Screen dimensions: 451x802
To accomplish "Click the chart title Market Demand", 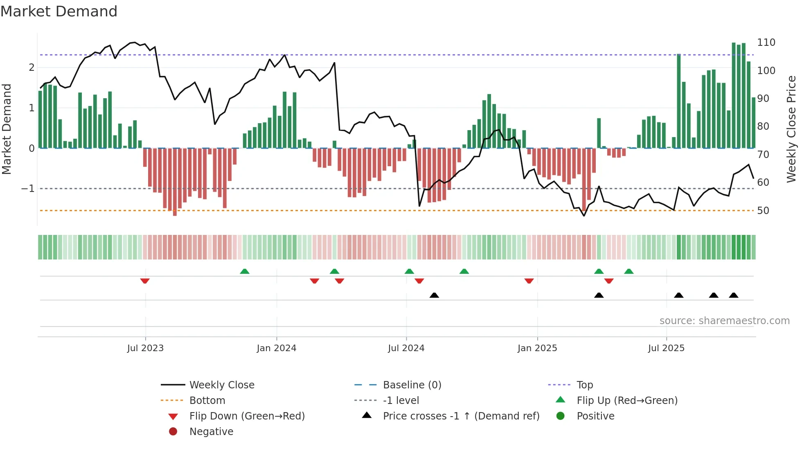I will point(59,11).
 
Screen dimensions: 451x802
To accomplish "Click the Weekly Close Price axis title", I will point(791,129).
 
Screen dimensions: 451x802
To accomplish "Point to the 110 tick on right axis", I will point(766,43).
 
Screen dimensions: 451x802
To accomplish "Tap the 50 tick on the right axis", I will point(763,211).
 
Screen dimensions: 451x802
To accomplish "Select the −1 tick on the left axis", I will point(28,189).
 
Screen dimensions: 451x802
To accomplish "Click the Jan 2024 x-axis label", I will point(276,348).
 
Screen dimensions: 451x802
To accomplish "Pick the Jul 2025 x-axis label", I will point(666,348).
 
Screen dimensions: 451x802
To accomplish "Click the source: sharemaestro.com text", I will point(724,321).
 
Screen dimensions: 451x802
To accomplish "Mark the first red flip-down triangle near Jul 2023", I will point(145,281).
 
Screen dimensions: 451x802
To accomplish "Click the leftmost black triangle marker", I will point(434,295).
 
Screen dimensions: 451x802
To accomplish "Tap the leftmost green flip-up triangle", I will point(245,271).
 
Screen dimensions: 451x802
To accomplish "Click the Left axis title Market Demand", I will point(7,129).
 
